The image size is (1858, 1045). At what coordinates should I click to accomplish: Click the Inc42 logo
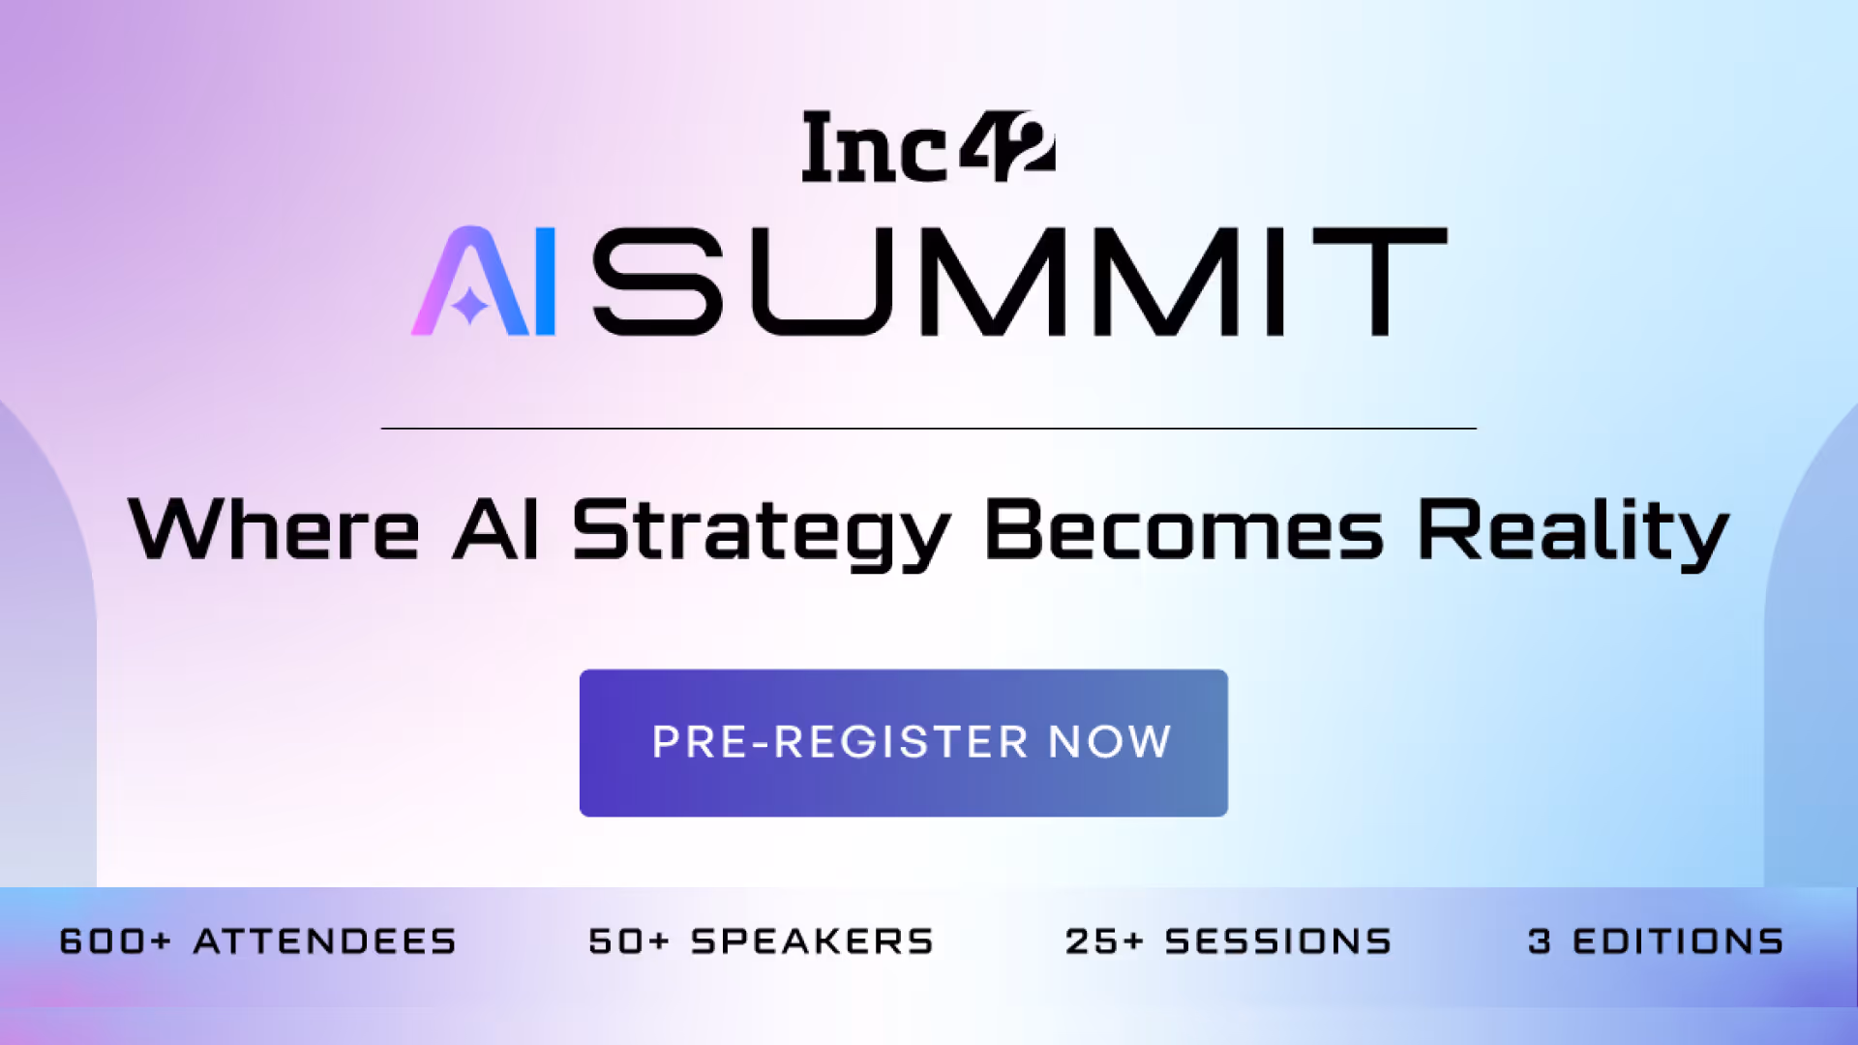(x=929, y=146)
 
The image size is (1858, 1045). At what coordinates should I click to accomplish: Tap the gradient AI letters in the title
(x=484, y=282)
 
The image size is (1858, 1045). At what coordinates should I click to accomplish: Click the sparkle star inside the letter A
(x=471, y=306)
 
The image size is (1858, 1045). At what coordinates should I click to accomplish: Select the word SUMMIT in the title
(x=1020, y=282)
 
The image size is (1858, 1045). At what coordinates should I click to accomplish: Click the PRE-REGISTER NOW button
(x=904, y=743)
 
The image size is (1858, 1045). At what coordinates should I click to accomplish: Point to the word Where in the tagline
(x=274, y=529)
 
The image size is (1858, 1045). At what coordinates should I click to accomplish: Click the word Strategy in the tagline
(x=761, y=533)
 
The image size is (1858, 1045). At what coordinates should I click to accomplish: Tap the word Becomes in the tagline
(x=1184, y=529)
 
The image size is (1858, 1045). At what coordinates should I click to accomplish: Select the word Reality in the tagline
(x=1573, y=532)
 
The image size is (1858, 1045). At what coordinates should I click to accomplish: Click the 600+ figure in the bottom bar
(x=115, y=941)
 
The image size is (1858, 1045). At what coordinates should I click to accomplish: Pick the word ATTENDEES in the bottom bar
(x=325, y=941)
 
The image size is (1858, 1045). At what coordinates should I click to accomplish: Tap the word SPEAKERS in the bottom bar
(x=813, y=941)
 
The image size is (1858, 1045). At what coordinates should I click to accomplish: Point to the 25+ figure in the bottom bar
(x=1104, y=941)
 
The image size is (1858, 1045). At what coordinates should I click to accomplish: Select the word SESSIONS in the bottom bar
(x=1278, y=941)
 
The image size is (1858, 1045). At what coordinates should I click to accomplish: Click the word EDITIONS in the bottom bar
(x=1679, y=941)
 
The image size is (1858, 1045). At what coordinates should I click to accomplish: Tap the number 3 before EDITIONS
(x=1540, y=941)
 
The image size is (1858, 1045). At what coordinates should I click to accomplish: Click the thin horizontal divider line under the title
(x=929, y=428)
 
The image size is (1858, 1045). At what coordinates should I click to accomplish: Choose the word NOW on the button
(x=1110, y=742)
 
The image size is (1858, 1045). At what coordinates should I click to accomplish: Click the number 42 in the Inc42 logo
(x=1008, y=146)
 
